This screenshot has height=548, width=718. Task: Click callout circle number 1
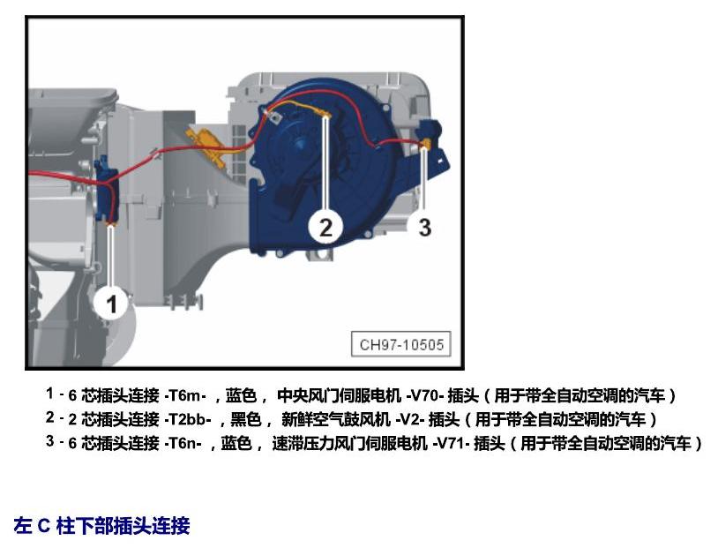111,303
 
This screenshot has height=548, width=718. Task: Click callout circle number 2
325,227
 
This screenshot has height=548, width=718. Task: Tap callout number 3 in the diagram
424,227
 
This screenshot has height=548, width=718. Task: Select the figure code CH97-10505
401,344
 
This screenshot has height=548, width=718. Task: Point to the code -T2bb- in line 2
187,419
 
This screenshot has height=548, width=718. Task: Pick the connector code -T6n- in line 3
183,443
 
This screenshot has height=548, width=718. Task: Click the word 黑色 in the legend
245,419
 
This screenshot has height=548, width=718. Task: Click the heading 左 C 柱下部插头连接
101,525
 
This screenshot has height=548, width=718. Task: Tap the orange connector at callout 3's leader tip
425,144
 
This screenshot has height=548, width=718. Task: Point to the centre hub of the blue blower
301,142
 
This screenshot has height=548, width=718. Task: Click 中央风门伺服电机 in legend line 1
339,395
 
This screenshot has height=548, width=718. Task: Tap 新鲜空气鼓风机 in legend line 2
336,419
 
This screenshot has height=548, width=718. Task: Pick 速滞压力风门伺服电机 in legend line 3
349,443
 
